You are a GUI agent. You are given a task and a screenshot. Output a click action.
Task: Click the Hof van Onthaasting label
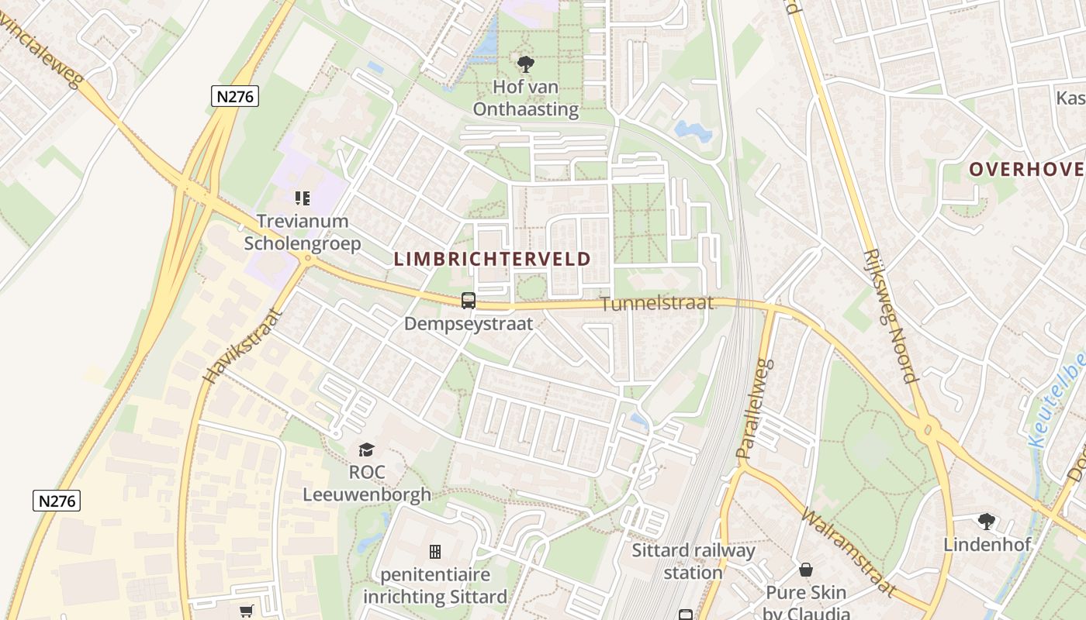point(526,98)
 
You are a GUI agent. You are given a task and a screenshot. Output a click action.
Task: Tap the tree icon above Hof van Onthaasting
point(526,64)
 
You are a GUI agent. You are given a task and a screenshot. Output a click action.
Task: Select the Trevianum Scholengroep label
point(303,232)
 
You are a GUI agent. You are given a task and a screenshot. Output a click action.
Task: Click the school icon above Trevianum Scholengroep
point(303,198)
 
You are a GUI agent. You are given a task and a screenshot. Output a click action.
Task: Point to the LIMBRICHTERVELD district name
point(493,259)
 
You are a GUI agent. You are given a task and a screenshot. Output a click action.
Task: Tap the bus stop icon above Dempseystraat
point(469,300)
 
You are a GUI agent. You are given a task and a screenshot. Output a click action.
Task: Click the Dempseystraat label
point(469,323)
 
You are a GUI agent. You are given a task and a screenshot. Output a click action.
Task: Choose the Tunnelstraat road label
point(657,303)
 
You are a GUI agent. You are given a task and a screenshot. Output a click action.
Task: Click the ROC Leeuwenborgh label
point(366,483)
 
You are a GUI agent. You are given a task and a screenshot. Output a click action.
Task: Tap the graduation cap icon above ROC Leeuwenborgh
point(366,449)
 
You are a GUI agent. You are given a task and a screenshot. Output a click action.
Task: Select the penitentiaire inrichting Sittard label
point(435,586)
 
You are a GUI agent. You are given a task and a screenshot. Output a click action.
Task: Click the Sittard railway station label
point(693,562)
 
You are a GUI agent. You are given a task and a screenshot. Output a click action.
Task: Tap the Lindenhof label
point(987,544)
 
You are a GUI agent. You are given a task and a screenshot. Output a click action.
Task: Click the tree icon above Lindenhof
point(987,521)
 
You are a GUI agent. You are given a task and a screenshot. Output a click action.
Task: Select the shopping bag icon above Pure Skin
point(806,570)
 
